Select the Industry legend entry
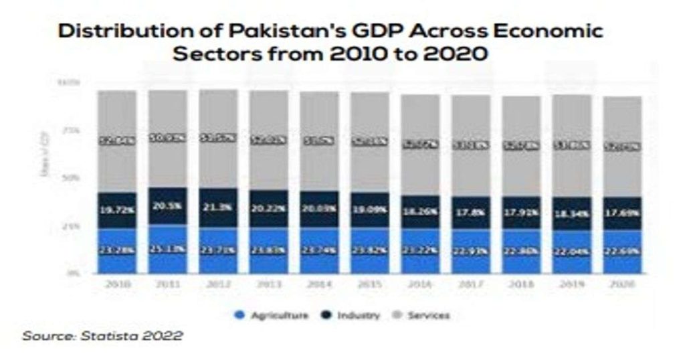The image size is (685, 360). tap(352, 315)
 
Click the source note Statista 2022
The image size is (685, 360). tap(102, 336)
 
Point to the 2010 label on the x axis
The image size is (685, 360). tap(117, 284)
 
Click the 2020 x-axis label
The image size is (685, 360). tap(622, 284)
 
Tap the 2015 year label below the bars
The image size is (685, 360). tap(370, 284)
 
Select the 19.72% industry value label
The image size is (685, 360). tap(117, 210)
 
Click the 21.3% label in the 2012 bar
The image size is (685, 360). tap(218, 207)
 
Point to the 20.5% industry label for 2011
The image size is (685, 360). tap(167, 207)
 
